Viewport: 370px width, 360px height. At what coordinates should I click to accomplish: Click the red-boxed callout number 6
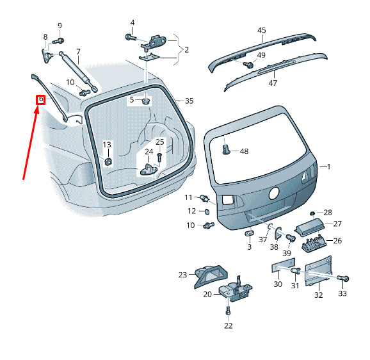(41, 99)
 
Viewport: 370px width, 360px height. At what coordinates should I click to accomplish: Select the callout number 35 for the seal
(189, 101)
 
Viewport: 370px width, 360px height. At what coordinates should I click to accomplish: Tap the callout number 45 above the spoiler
(261, 31)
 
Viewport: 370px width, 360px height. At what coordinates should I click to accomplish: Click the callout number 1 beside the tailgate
(328, 167)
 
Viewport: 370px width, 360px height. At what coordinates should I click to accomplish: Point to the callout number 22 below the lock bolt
(228, 325)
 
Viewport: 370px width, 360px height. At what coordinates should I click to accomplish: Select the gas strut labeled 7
(78, 70)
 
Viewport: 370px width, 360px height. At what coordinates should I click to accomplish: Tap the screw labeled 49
(248, 64)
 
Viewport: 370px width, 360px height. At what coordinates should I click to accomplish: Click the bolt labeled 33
(343, 279)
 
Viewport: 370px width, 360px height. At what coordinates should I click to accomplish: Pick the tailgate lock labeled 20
(236, 290)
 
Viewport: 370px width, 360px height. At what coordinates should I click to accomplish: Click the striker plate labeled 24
(149, 170)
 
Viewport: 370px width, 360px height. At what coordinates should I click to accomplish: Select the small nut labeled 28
(312, 213)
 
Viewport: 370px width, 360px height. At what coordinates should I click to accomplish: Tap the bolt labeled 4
(131, 37)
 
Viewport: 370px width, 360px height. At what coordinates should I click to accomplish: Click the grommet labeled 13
(108, 161)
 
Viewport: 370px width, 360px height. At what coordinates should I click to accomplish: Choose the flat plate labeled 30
(283, 265)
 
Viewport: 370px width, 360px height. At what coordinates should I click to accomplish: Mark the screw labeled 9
(58, 41)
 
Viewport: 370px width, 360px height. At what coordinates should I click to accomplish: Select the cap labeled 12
(207, 211)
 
